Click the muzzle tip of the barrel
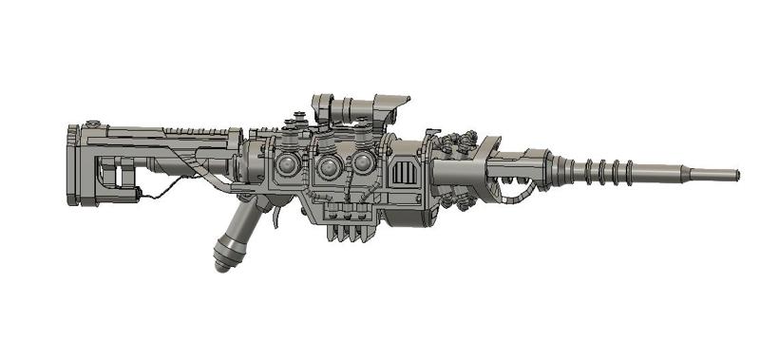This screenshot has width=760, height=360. point(736,173)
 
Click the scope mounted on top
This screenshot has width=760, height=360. point(361,110)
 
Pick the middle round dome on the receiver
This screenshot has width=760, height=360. point(330,168)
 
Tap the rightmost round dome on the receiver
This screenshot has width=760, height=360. point(362,164)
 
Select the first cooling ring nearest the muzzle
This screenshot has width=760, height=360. point(630,172)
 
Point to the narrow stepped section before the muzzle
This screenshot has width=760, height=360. point(665,173)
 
